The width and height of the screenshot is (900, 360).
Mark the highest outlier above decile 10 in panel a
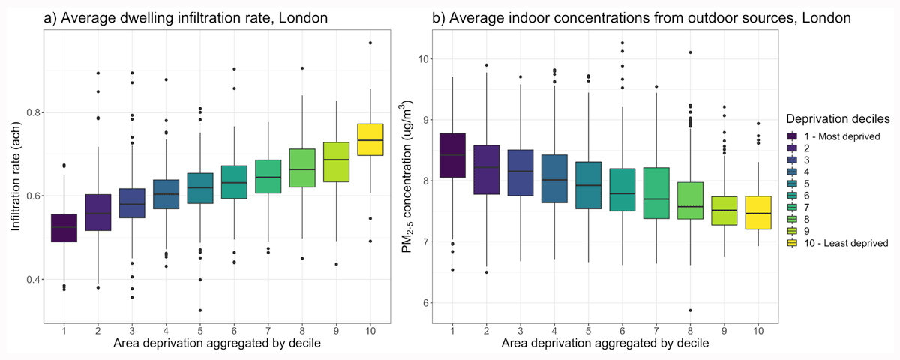(370, 43)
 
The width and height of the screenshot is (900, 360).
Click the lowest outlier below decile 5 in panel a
(199, 310)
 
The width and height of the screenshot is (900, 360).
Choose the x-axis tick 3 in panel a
(132, 329)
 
